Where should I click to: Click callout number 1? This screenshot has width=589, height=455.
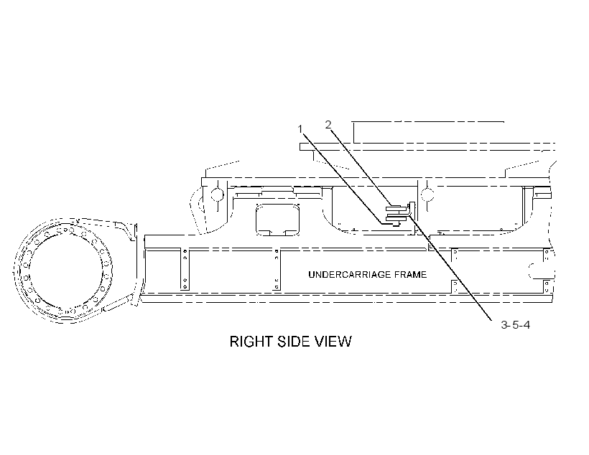(300, 129)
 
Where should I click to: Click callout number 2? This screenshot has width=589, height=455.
(328, 125)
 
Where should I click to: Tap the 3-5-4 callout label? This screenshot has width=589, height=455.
(516, 324)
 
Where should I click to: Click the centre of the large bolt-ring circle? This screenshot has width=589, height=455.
(65, 271)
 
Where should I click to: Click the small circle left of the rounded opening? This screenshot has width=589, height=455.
(217, 194)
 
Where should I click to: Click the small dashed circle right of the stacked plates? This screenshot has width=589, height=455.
(427, 194)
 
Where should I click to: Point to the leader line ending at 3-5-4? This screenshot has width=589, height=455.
(451, 267)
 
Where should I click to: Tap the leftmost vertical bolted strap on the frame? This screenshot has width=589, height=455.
(185, 269)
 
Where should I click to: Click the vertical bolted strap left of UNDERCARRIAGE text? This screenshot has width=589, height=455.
(277, 269)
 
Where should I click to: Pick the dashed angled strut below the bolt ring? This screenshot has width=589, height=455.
(117, 304)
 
